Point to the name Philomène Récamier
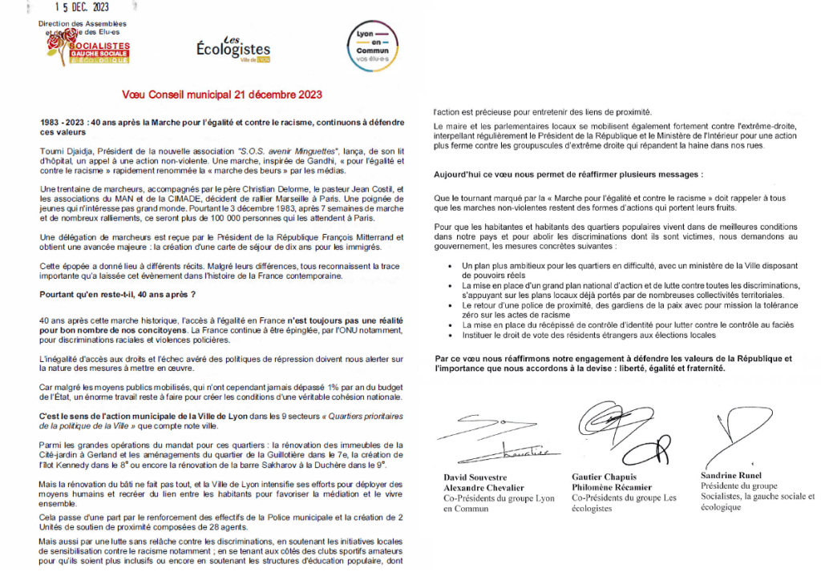click(612, 487)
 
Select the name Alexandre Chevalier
click(483, 487)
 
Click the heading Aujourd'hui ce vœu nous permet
click(568, 174)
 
